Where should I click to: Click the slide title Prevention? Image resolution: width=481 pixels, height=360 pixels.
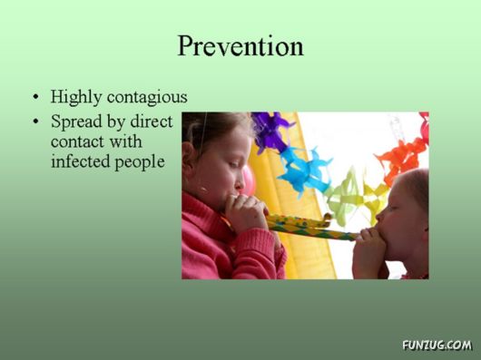click(240, 45)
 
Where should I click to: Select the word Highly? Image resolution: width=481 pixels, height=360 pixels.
click(75, 96)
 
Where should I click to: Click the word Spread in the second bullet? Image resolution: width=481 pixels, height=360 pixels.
click(76, 121)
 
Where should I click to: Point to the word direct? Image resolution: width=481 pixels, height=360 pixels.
click(151, 121)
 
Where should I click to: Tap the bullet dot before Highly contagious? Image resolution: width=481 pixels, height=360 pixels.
click(35, 97)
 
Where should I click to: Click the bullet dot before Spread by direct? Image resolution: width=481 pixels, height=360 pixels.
click(35, 122)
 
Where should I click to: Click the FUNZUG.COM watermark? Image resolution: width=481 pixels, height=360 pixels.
click(437, 345)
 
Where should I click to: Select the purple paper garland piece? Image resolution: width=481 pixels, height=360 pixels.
click(270, 131)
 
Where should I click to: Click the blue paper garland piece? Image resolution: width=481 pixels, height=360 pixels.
click(305, 167)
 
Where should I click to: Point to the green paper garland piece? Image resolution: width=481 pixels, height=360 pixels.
click(349, 194)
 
